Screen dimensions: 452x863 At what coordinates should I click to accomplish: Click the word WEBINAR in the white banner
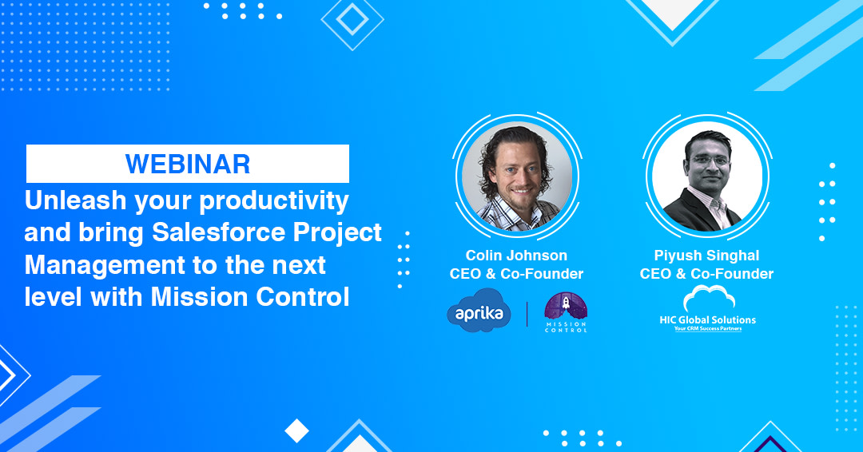coord(188,164)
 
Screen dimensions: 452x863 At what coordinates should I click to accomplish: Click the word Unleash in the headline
coord(68,200)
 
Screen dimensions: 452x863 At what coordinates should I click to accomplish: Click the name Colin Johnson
coord(516,256)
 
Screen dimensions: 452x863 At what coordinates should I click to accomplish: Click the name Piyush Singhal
coord(706,256)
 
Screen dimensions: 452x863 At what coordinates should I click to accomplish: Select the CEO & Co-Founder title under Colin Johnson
coord(516,274)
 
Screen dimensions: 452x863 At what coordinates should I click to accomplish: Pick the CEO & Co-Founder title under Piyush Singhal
coord(706,274)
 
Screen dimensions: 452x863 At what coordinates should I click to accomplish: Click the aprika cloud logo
coord(479,312)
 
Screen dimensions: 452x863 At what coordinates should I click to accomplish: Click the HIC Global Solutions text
coord(706,319)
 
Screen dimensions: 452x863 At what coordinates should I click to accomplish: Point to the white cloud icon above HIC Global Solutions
coord(706,299)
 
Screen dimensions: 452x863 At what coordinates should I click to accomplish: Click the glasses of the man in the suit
coord(707,160)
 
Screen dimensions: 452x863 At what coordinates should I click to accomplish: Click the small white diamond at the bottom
coord(296,431)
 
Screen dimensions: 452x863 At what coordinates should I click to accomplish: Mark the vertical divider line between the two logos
coord(527,313)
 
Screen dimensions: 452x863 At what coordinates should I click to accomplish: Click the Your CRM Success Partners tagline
coord(706,328)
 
